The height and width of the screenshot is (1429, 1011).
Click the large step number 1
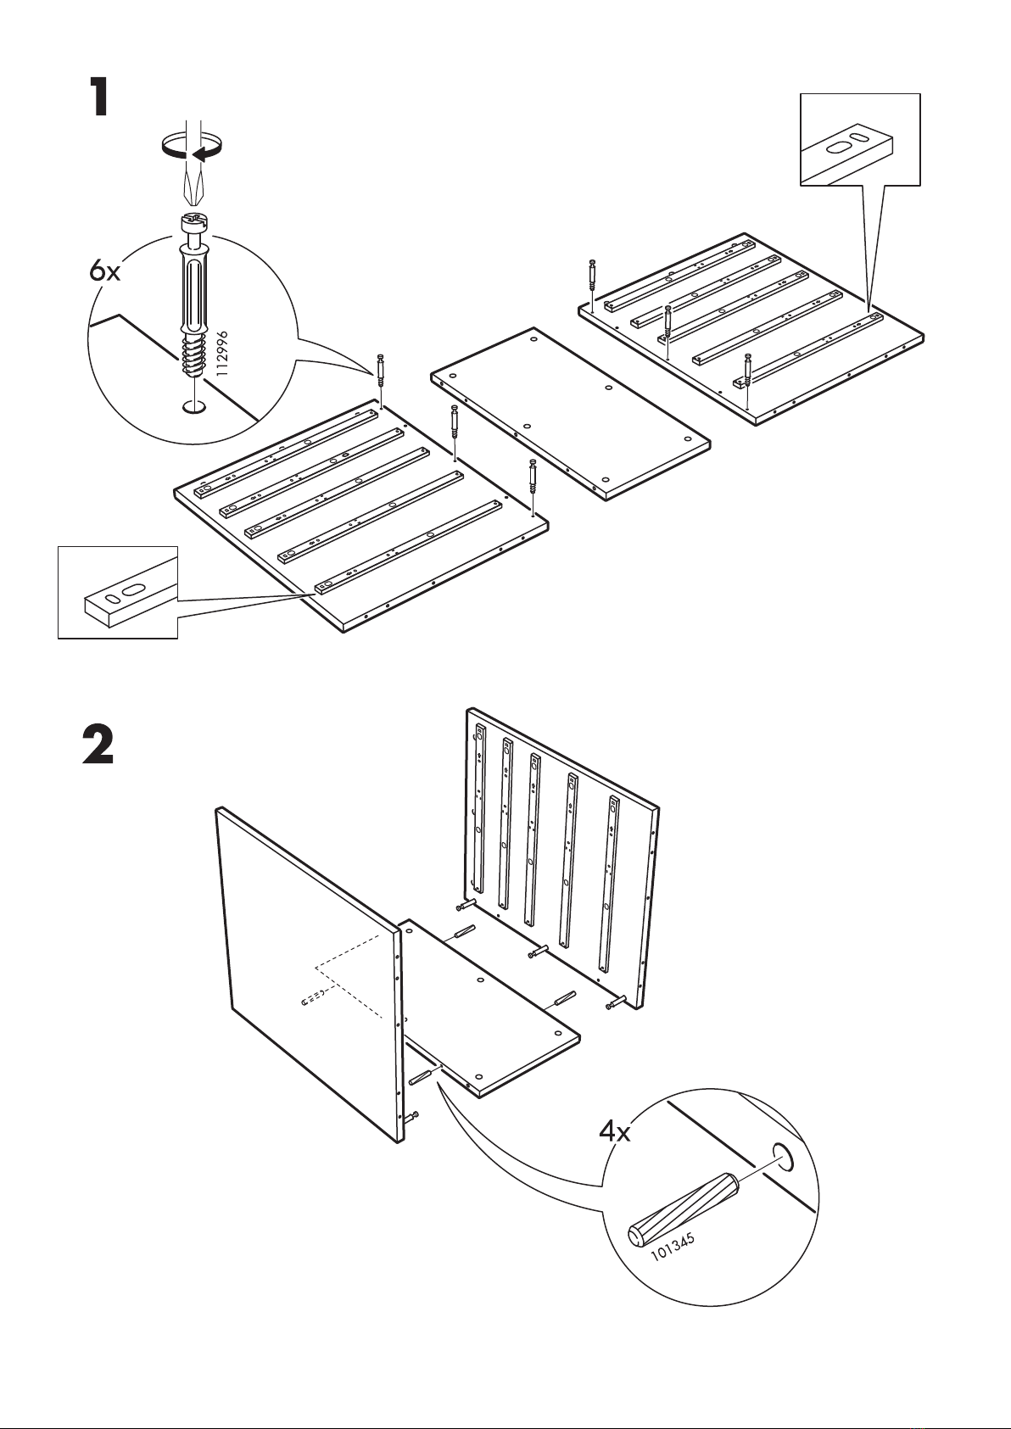coord(100,97)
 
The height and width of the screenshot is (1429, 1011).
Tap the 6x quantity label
coord(104,271)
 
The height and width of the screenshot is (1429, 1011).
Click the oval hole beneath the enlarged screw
coord(193,406)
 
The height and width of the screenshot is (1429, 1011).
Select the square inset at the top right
coord(861,140)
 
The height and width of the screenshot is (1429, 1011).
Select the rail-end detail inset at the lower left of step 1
coord(118,592)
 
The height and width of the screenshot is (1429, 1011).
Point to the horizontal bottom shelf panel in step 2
coord(490,1008)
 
